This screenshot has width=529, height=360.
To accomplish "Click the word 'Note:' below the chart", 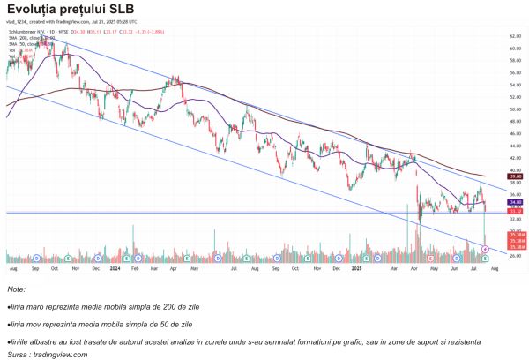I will (16, 289).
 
